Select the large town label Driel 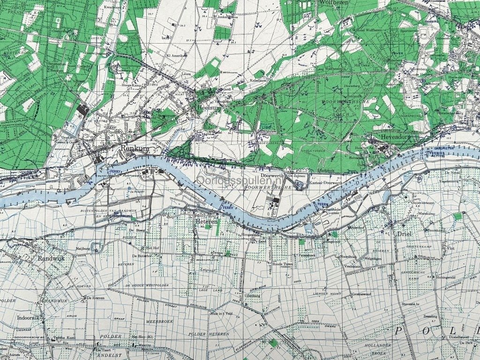point(403,233)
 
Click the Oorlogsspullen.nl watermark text point(241,179)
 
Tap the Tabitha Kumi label point(64,337)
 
